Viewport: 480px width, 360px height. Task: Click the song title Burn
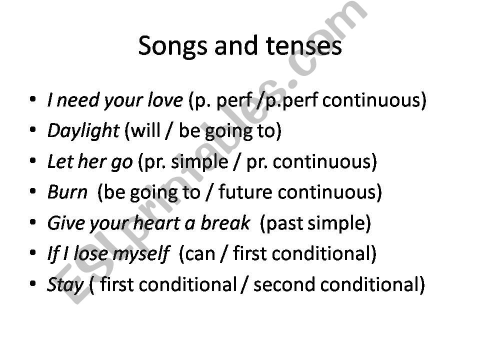coord(67,192)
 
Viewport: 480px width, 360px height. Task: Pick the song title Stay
coord(65,284)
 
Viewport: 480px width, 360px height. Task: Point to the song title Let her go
coord(90,161)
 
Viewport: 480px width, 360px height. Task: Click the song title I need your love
coord(114,100)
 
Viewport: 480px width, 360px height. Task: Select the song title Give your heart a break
coord(148,223)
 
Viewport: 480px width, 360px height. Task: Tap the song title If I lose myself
coord(108,254)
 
